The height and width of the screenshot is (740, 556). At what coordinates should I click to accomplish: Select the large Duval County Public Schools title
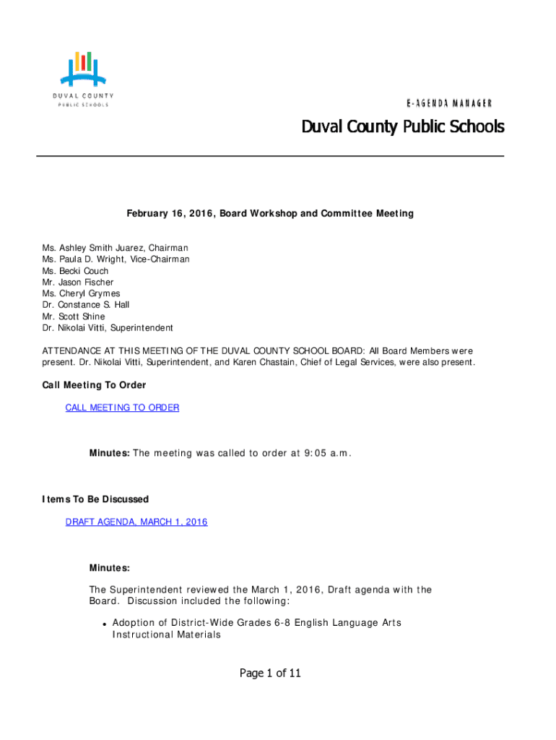point(402,127)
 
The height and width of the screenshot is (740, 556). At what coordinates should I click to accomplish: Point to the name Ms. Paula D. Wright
point(90,259)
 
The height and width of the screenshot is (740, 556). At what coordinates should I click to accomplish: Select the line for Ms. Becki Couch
point(75,271)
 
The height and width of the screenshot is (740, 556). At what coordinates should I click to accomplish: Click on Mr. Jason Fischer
point(77,283)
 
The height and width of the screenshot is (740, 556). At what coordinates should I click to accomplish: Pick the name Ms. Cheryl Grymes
point(81,294)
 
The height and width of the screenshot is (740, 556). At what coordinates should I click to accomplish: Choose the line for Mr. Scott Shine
point(73,317)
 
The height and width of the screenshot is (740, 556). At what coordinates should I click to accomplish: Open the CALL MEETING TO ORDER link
point(122,408)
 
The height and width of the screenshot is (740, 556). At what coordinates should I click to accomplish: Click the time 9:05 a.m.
point(323,453)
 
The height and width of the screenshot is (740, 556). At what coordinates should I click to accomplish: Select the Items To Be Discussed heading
point(95,499)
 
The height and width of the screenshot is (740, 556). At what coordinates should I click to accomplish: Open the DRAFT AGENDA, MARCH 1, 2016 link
point(136,522)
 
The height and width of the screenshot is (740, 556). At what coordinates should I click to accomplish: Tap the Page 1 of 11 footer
point(270,674)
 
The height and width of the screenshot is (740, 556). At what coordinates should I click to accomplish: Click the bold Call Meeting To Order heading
point(94,385)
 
